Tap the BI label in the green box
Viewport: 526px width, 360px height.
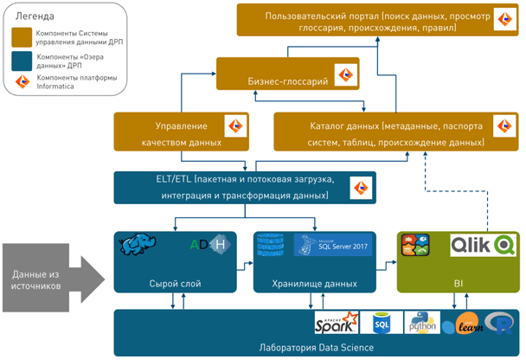(x=457, y=281)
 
